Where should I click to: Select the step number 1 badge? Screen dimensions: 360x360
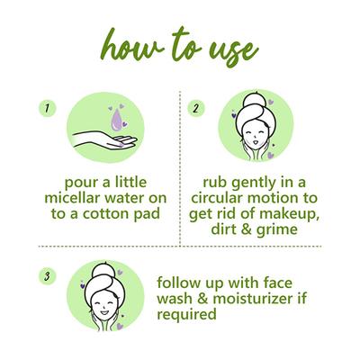pyautogui.click(x=41, y=108)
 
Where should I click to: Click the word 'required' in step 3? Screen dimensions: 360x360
pyautogui.click(x=186, y=315)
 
